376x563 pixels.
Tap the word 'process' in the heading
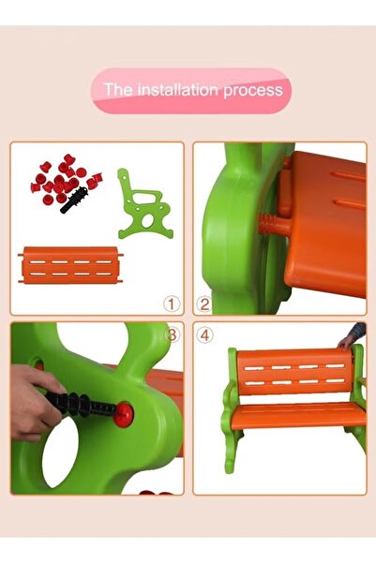point(252,91)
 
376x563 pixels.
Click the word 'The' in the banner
point(118,91)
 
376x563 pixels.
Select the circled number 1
point(171,304)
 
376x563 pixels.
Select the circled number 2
point(204,304)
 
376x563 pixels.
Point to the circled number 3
point(172,334)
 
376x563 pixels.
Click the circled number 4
point(205,334)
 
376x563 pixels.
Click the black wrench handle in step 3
point(80,406)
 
